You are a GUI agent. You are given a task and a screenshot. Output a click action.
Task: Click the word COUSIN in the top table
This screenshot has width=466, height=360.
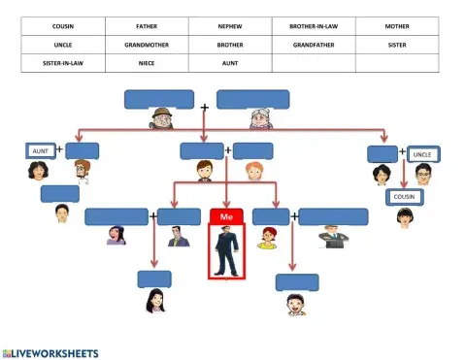click(x=63, y=26)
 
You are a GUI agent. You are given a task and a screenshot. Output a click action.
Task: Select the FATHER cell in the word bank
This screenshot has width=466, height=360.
click(x=148, y=26)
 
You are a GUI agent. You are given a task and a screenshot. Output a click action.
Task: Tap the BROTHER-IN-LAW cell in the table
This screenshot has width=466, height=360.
click(x=314, y=26)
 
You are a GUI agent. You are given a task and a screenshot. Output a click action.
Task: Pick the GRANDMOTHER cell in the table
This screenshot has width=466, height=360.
click(x=148, y=45)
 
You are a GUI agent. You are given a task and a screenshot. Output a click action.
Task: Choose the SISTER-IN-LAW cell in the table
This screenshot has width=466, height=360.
click(x=63, y=63)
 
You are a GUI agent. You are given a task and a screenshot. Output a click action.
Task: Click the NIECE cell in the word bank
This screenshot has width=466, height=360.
click(x=148, y=63)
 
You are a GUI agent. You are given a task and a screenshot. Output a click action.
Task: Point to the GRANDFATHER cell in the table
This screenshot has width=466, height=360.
click(x=314, y=45)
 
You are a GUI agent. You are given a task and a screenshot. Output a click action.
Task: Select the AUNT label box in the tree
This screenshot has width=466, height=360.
click(x=40, y=151)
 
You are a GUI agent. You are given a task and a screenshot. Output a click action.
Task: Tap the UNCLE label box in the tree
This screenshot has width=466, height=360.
click(x=422, y=154)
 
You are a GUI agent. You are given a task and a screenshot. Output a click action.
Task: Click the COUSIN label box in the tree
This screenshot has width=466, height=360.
click(x=404, y=197)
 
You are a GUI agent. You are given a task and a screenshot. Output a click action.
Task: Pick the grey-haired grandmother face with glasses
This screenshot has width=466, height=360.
click(x=259, y=120)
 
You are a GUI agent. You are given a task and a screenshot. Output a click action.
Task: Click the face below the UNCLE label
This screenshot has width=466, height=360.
click(x=422, y=174)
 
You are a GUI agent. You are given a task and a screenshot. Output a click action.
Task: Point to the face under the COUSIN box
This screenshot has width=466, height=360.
click(x=404, y=217)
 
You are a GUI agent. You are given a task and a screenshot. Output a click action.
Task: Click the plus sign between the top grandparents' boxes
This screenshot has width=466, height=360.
click(x=205, y=106)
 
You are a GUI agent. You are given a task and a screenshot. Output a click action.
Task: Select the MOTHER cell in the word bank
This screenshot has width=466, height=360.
click(x=397, y=26)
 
